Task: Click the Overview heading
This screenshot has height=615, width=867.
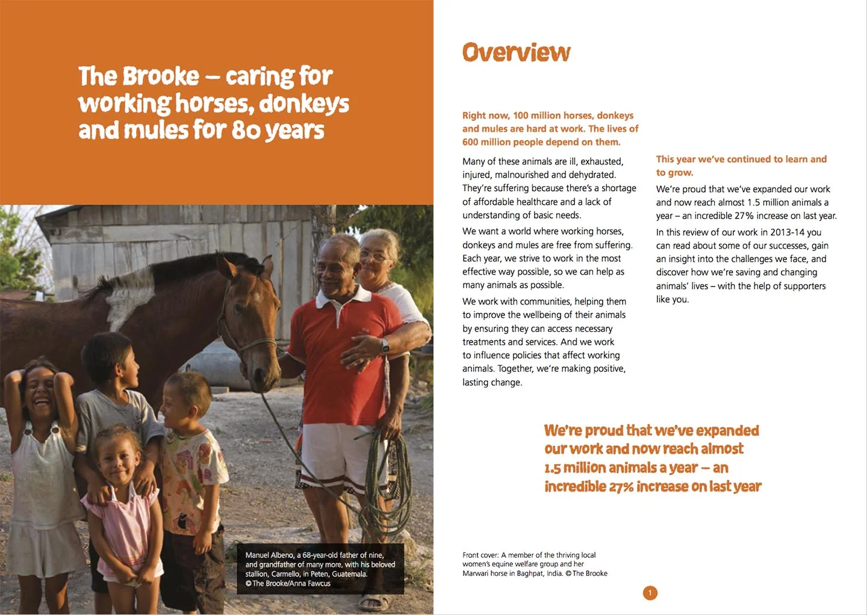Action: point(516,53)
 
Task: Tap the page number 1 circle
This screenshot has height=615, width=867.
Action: point(650,593)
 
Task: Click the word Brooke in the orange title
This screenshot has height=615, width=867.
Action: point(161,76)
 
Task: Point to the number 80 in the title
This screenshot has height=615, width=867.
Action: point(246,130)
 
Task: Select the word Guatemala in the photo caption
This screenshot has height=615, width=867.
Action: point(349,574)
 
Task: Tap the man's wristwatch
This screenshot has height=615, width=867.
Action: point(384,345)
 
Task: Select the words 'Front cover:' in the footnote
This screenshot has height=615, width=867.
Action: point(480,555)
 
